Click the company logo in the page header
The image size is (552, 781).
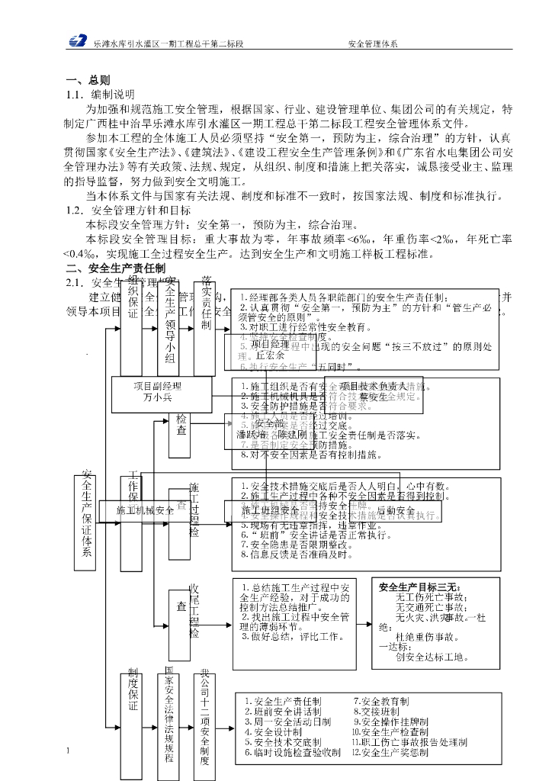click(x=78, y=44)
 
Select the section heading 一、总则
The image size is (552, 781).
click(x=88, y=80)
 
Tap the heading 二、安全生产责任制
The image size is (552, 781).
click(x=114, y=268)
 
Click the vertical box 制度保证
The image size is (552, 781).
click(x=133, y=694)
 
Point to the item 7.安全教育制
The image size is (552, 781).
click(x=380, y=701)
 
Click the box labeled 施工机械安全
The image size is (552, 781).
click(x=146, y=510)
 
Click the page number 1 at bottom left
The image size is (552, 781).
click(x=69, y=750)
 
